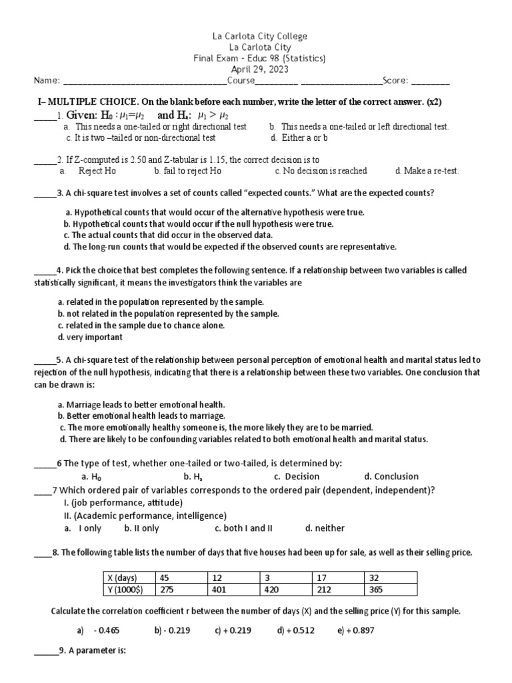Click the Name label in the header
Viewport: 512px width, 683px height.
pyautogui.click(x=47, y=81)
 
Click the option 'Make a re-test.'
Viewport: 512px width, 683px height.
pyautogui.click(x=427, y=171)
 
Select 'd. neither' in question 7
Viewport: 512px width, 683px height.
pyautogui.click(x=325, y=528)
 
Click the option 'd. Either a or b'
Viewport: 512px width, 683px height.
pyautogui.click(x=299, y=138)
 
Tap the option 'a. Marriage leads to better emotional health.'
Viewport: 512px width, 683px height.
pyautogui.click(x=141, y=405)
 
